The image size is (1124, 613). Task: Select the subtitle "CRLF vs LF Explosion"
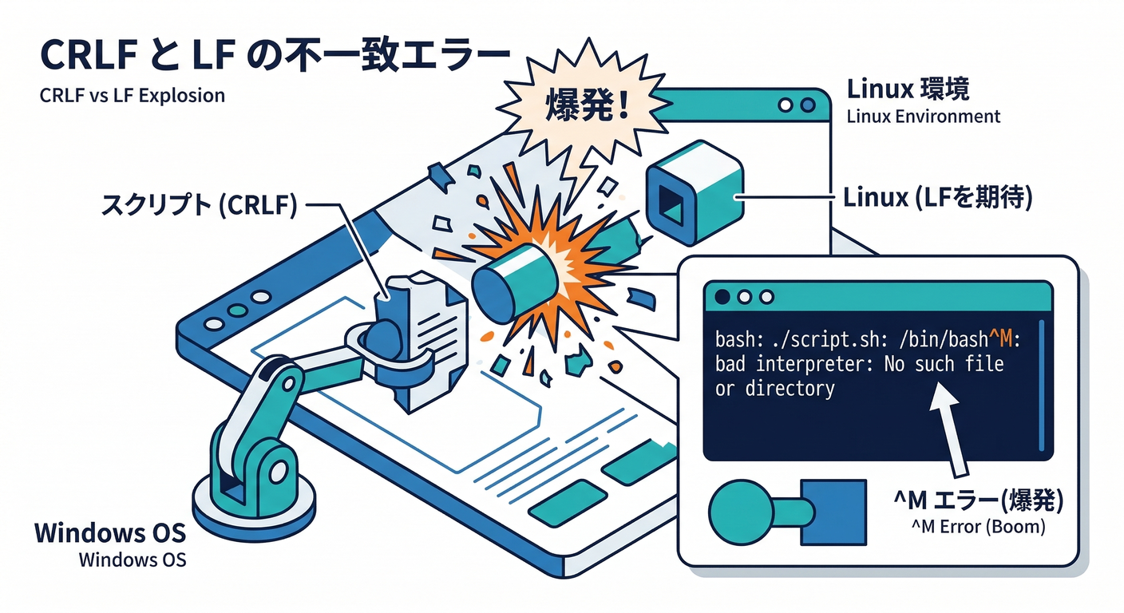point(132,96)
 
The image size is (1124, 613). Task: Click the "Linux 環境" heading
point(908,88)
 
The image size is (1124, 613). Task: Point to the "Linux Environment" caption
point(923,117)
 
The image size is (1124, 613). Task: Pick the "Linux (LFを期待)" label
point(939,197)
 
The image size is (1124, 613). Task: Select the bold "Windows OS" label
point(110,532)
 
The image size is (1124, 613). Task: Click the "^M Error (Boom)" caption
point(978,528)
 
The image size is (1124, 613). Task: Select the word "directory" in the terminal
point(790,390)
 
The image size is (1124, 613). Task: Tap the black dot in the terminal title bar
point(723,297)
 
